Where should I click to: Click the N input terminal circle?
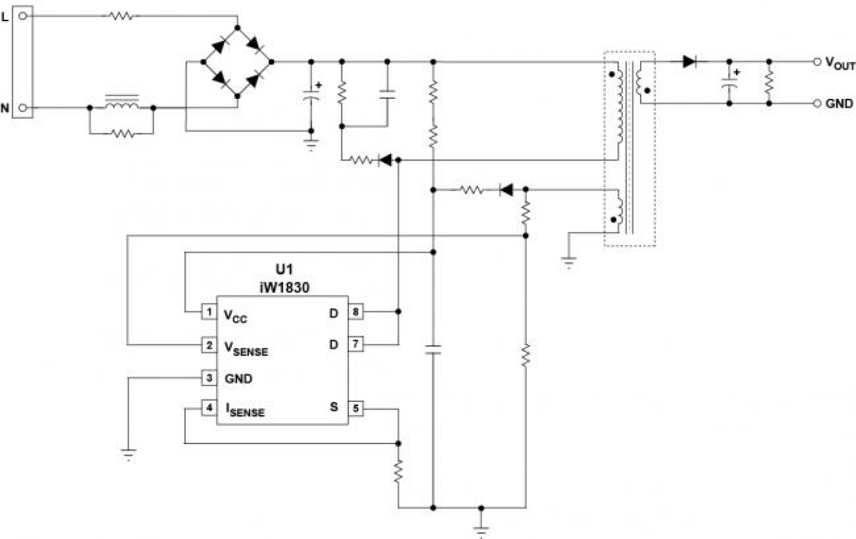point(23,108)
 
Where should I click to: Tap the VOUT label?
point(839,62)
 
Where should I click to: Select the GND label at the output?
point(839,104)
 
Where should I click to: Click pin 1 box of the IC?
point(208,312)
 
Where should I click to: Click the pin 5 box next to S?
point(356,409)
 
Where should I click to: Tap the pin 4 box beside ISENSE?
point(208,409)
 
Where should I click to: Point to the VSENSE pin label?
point(246,348)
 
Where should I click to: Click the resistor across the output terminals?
point(769,82)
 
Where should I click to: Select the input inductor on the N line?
point(121,104)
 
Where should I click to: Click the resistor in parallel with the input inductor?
point(121,133)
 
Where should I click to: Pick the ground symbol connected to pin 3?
point(127,453)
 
